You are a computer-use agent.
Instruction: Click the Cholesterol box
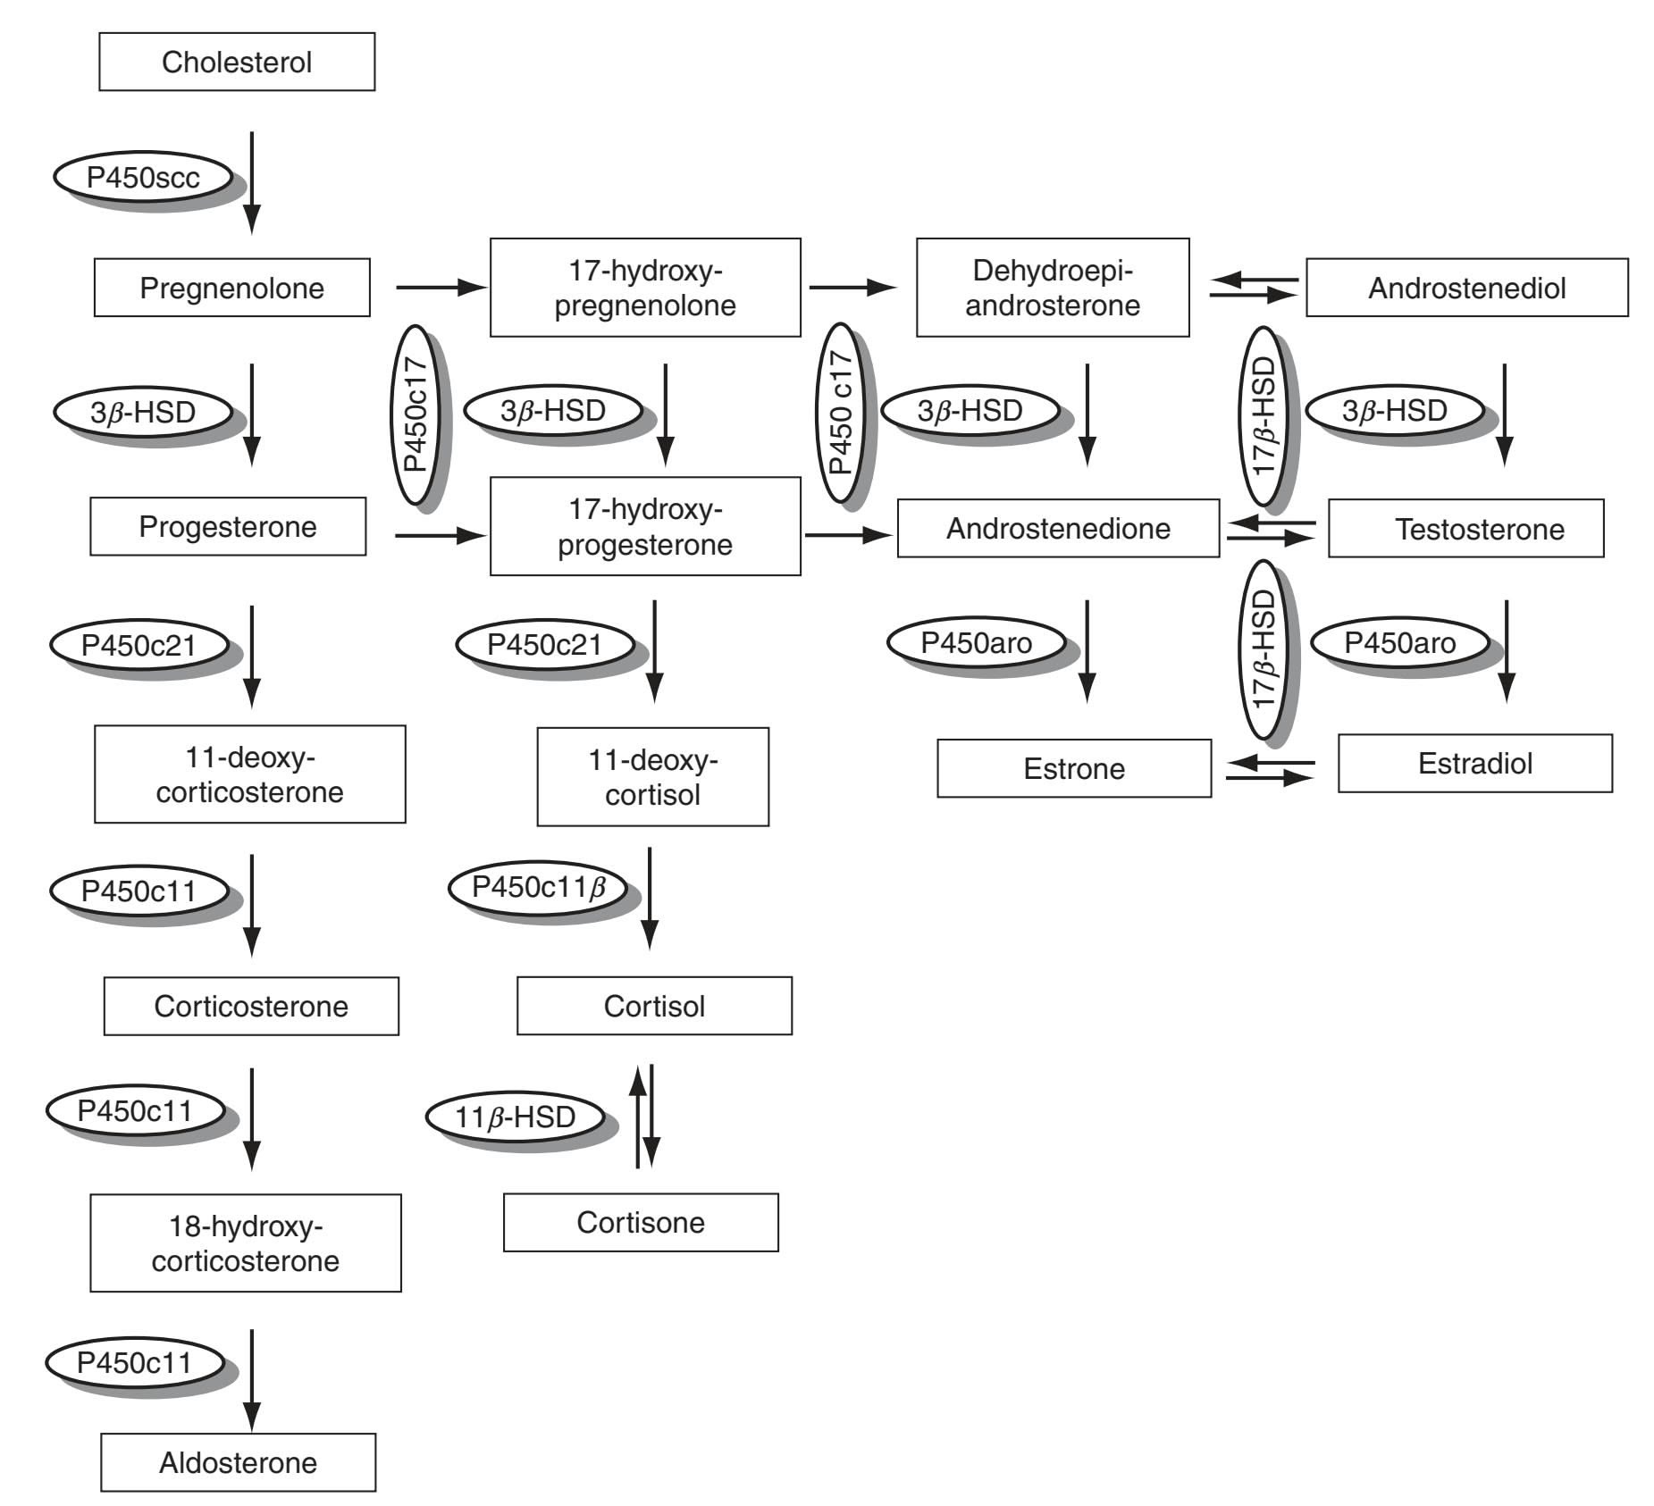[237, 62]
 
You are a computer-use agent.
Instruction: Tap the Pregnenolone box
[231, 288]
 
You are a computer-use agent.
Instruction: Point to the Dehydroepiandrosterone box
[1053, 288]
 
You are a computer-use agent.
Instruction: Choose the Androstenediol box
[1466, 288]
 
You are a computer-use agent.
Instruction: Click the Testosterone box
[1465, 529]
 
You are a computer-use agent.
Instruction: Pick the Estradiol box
[1474, 764]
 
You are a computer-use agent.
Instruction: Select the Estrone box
[1074, 768]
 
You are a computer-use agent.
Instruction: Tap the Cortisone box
[641, 1222]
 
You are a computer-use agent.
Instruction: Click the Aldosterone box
[238, 1462]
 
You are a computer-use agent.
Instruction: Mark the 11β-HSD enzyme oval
[515, 1117]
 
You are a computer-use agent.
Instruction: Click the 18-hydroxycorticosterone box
[246, 1242]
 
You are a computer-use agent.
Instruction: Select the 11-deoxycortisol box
[652, 776]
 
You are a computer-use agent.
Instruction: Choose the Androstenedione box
[1058, 529]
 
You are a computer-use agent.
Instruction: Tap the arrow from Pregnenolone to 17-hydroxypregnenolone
[441, 288]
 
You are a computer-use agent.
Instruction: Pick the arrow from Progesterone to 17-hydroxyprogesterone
[440, 536]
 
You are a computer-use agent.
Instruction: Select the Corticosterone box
[251, 1006]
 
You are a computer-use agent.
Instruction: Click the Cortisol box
[654, 1006]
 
